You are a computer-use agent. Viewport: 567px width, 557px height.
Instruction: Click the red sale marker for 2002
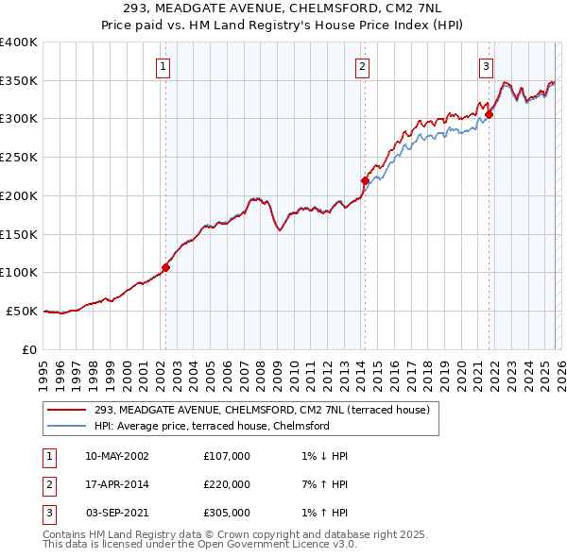[165, 267]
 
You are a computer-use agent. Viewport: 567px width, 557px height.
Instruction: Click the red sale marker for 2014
[365, 180]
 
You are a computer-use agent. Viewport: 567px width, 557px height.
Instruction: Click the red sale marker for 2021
[489, 115]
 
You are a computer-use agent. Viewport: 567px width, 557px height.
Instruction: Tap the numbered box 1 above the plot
[163, 66]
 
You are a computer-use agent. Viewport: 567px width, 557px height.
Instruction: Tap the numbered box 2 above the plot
[363, 66]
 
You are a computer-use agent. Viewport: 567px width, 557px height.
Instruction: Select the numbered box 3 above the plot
[486, 66]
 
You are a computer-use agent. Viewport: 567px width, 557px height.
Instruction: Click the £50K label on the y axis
[22, 311]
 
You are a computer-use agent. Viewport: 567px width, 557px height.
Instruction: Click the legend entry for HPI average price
[212, 426]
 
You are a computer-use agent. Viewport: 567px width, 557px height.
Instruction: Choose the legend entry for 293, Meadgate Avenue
[262, 410]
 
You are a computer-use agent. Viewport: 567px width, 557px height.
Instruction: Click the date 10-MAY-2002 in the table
[116, 456]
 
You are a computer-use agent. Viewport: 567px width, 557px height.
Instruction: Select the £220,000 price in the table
[227, 484]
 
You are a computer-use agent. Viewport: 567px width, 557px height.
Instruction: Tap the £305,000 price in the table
[227, 513]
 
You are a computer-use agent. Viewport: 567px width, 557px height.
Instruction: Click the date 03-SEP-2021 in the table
[116, 513]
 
